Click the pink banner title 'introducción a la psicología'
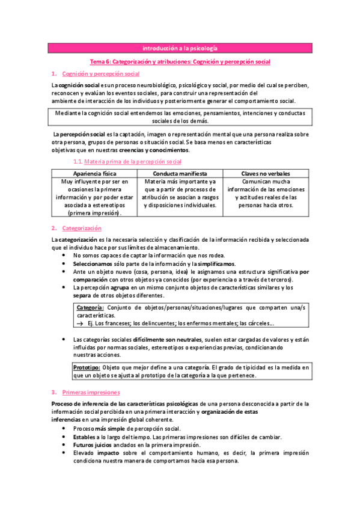(x=180, y=48)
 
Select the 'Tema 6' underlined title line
(x=180, y=61)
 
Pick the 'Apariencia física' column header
(x=94, y=173)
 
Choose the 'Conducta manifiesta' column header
(x=180, y=173)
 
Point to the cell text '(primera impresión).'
(x=94, y=213)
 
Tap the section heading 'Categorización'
(x=82, y=228)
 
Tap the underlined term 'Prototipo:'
(x=87, y=367)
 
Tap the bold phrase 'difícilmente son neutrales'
(x=166, y=340)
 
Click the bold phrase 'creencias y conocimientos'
(x=154, y=150)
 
